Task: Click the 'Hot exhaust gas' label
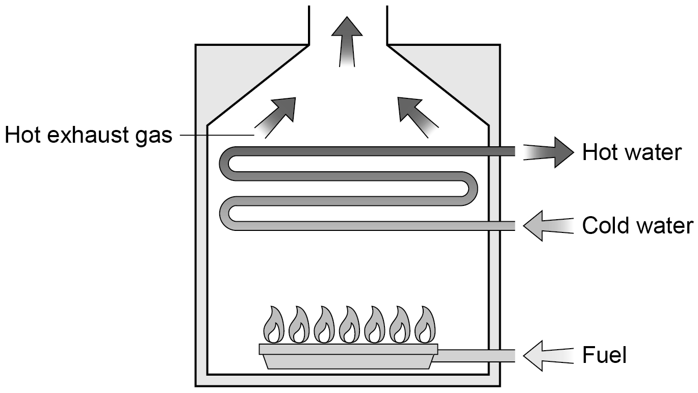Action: [x=89, y=136]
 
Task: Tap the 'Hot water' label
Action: [x=632, y=152]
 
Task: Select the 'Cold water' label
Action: [x=638, y=225]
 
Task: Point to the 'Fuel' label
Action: [x=604, y=355]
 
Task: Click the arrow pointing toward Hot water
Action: [x=549, y=152]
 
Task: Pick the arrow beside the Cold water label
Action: [x=549, y=225]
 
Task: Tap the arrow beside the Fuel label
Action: [x=549, y=356]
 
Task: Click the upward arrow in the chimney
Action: [x=347, y=42]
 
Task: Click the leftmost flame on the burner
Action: [x=274, y=325]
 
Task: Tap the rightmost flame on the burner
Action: [x=425, y=325]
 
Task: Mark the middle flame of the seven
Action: [x=349, y=325]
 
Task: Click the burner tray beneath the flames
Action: [x=348, y=356]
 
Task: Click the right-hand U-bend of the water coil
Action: [x=473, y=189]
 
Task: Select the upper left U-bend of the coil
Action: [x=224, y=164]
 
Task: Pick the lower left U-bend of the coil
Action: [x=224, y=213]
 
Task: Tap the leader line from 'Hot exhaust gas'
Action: [x=217, y=135]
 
